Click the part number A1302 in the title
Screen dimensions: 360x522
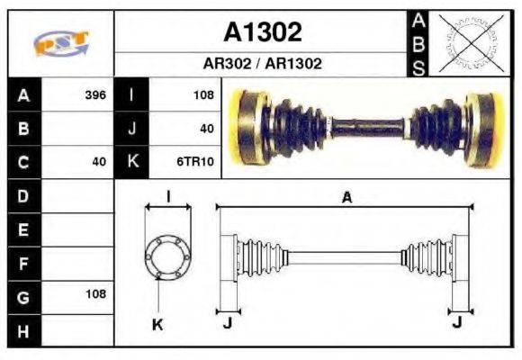point(262,33)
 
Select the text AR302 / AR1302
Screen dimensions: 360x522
point(262,65)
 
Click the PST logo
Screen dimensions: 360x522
point(60,43)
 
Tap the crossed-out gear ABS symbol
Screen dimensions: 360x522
point(466,43)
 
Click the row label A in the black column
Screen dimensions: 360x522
point(24,94)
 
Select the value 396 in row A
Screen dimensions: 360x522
point(94,94)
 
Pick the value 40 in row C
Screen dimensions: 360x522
point(99,162)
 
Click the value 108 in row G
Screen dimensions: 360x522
point(94,294)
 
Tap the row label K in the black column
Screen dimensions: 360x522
point(132,162)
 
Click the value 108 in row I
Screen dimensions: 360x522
point(202,94)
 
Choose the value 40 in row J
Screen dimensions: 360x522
point(206,129)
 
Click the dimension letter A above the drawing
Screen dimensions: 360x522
point(346,198)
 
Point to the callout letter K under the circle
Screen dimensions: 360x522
point(157,325)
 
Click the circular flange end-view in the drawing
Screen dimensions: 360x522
point(168,256)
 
